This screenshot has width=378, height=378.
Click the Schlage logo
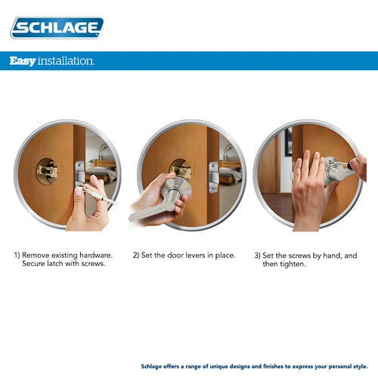57,28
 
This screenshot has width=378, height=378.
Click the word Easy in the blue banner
23,60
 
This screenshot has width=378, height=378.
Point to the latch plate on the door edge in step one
79,176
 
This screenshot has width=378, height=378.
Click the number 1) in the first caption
17,256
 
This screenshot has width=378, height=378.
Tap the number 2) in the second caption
137,256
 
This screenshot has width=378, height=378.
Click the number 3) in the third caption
258,256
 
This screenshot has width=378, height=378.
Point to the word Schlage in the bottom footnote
155,364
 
